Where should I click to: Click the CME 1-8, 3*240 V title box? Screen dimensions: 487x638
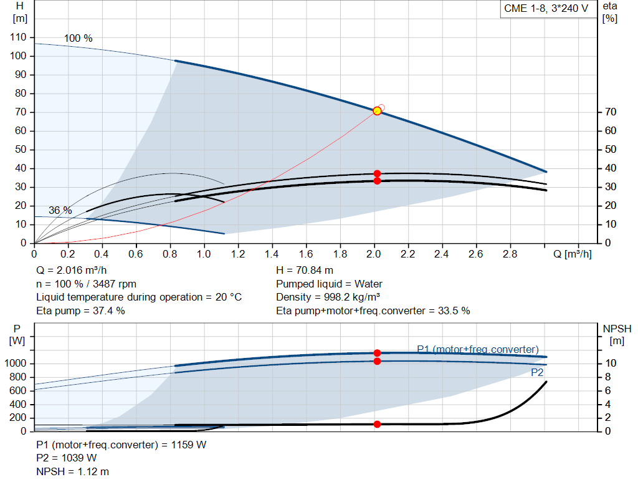click(546, 9)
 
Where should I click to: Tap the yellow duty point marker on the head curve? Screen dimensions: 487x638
click(377, 111)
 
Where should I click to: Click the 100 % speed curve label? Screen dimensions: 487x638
click(78, 39)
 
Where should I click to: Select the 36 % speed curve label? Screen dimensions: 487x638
click(60, 211)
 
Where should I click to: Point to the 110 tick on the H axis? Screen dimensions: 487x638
click(19, 37)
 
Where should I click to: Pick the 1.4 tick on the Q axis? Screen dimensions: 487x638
click(272, 254)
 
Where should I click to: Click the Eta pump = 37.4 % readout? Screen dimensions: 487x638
click(80, 311)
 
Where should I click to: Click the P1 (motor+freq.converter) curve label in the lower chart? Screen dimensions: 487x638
click(477, 349)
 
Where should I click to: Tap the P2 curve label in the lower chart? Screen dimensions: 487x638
click(537, 373)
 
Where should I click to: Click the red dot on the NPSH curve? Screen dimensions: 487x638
click(377, 424)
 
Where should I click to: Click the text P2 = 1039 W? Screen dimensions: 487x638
click(67, 458)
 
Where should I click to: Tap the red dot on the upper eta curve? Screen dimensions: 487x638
click(377, 173)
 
